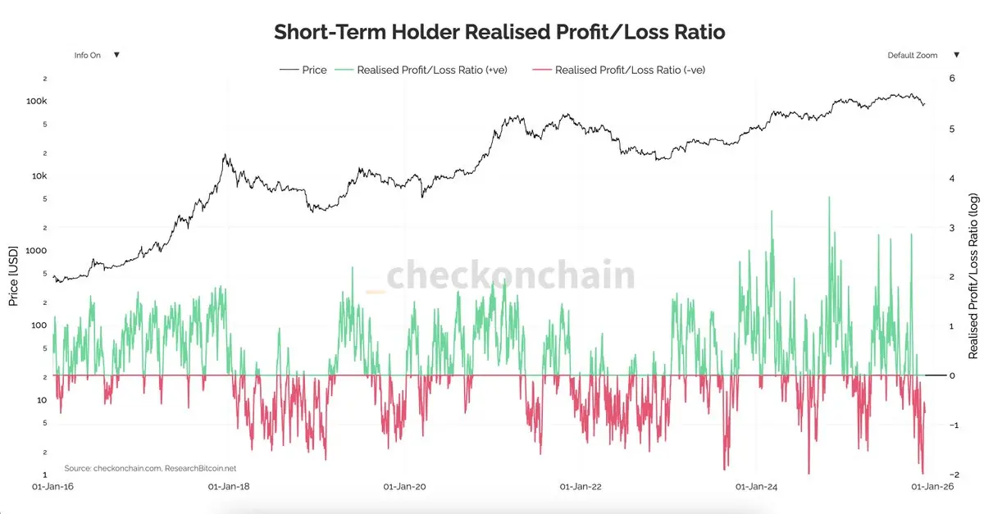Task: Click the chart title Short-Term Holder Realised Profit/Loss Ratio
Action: (x=499, y=33)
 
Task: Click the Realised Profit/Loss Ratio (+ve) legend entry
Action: (x=432, y=70)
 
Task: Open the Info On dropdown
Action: (x=97, y=55)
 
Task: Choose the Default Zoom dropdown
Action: (x=922, y=55)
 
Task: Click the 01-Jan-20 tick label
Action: (x=405, y=486)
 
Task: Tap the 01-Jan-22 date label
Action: (x=581, y=486)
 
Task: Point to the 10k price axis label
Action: (x=39, y=176)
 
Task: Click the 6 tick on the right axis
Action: (x=951, y=79)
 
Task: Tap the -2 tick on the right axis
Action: (x=950, y=475)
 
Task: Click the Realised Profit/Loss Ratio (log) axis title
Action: (x=973, y=276)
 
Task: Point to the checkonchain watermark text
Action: (x=510, y=276)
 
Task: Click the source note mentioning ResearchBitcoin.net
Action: (x=150, y=468)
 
